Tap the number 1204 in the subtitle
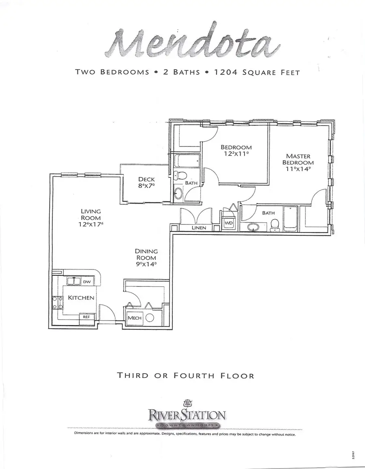pos(227,73)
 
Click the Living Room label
pos(91,215)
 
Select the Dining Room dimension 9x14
pos(146,264)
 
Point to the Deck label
pos(146,179)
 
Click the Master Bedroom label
pos(298,159)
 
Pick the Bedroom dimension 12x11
pos(236,154)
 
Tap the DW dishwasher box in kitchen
pos(87,282)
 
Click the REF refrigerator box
pos(86,317)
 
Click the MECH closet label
pos(134,318)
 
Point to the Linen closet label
pos(199,228)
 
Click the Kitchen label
pos(81,298)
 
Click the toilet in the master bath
pos(275,224)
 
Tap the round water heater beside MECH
pos(150,318)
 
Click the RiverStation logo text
pos(187,415)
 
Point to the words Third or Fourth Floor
pos(186,376)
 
